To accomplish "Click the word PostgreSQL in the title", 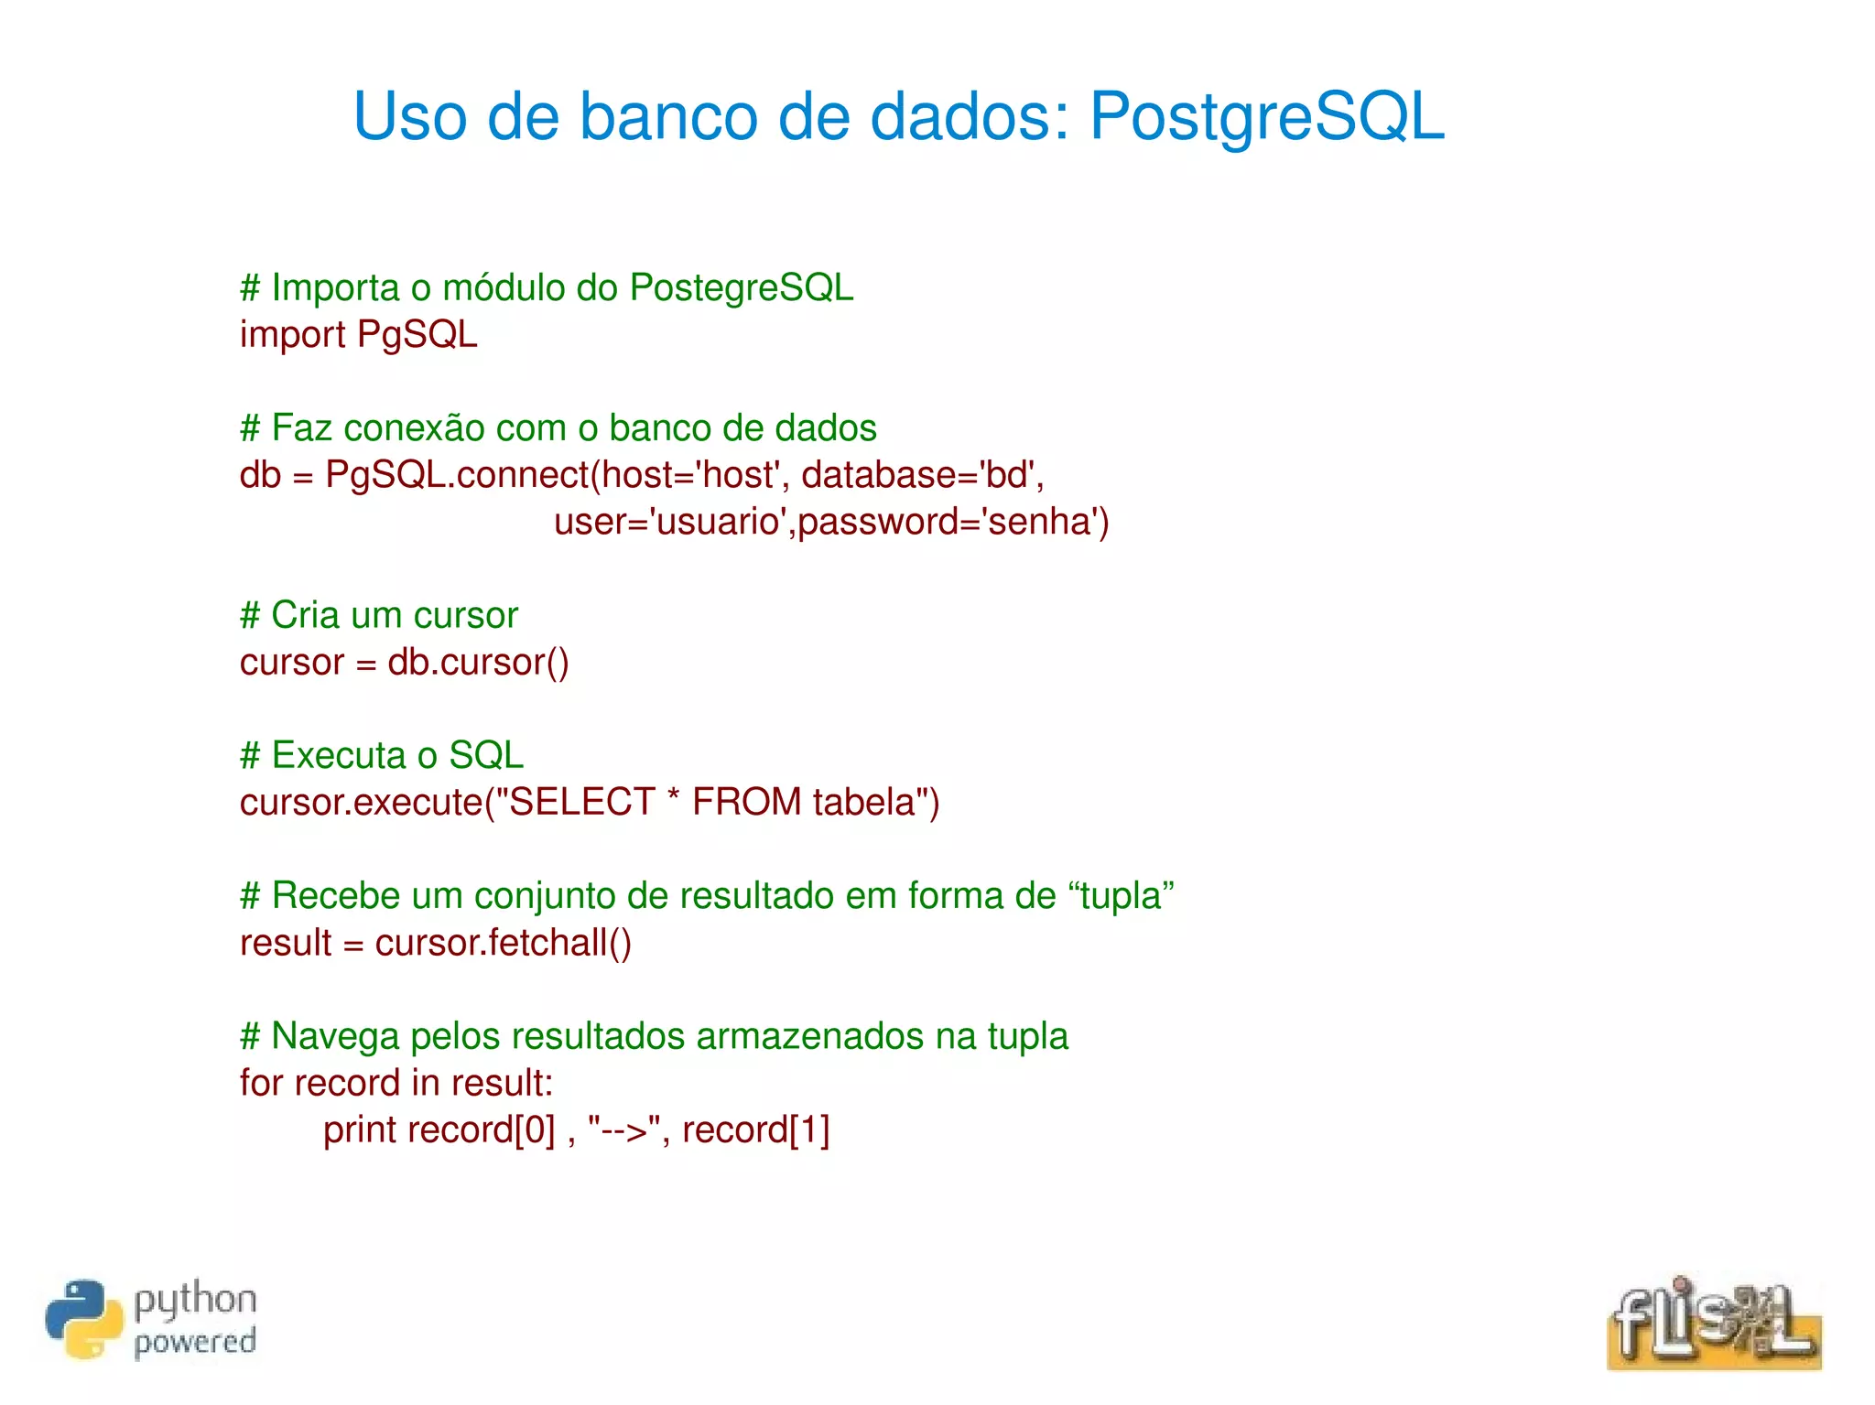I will [x=1266, y=117].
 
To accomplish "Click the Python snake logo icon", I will [x=83, y=1319].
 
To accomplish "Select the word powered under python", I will [x=195, y=1342].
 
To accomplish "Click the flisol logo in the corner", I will [x=1713, y=1323].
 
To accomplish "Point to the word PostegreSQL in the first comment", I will [x=742, y=288].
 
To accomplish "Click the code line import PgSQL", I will [x=358, y=335].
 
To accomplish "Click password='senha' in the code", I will [x=953, y=522].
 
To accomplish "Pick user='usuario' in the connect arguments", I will [x=673, y=522].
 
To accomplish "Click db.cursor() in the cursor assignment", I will [x=478, y=663].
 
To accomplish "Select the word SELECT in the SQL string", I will [x=581, y=803].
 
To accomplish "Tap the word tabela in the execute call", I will [x=863, y=803].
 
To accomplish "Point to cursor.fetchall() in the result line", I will [x=503, y=943].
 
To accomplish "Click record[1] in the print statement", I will [x=755, y=1130].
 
